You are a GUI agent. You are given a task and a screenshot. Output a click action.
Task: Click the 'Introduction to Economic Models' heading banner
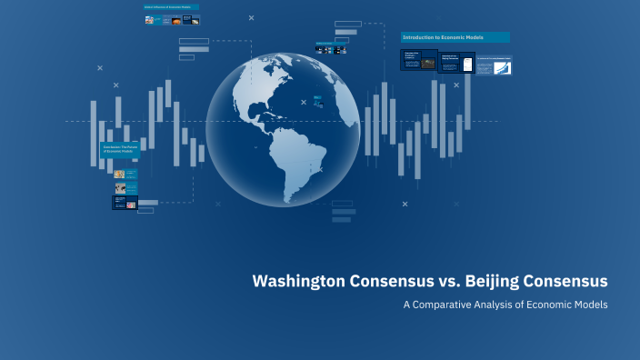pyautogui.click(x=455, y=37)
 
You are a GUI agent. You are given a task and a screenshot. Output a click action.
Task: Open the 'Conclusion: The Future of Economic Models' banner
pyautogui.click(x=119, y=149)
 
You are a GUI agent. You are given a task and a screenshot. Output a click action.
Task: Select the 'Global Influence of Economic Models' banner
pyautogui.click(x=171, y=6)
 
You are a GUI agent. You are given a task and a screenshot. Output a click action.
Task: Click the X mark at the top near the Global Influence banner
pyautogui.click(x=252, y=17)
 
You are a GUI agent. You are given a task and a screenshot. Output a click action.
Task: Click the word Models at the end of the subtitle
pyautogui.click(x=590, y=305)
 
